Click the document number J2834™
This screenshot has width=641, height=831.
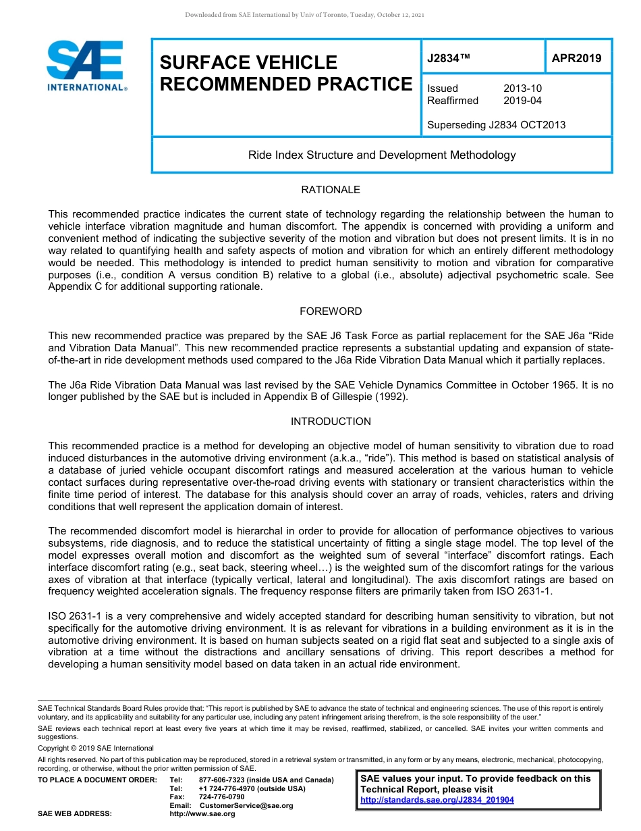pyautogui.click(x=448, y=59)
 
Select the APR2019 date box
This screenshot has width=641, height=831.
pyautogui.click(x=576, y=58)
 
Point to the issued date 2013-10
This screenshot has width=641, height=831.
pyautogui.click(x=522, y=89)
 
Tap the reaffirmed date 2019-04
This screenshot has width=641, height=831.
pyautogui.click(x=522, y=101)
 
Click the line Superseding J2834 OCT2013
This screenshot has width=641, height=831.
pyautogui.click(x=496, y=124)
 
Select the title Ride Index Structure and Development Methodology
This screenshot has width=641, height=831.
pyautogui.click(x=382, y=155)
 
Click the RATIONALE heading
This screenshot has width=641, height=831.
pyautogui.click(x=331, y=190)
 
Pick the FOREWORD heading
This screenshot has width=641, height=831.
pyautogui.click(x=331, y=311)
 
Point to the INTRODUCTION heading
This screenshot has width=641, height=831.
pyautogui.click(x=331, y=422)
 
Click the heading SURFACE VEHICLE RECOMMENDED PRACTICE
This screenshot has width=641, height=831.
pyautogui.click(x=285, y=73)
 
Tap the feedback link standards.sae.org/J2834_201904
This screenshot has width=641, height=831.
pyautogui.click(x=437, y=800)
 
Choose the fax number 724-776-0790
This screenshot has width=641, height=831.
pyautogui.click(x=221, y=797)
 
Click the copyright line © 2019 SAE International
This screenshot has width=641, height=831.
pyautogui.click(x=96, y=748)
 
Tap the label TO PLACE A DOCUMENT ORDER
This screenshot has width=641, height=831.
pyautogui.click(x=96, y=780)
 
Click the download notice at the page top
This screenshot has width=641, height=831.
pyautogui.click(x=304, y=15)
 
